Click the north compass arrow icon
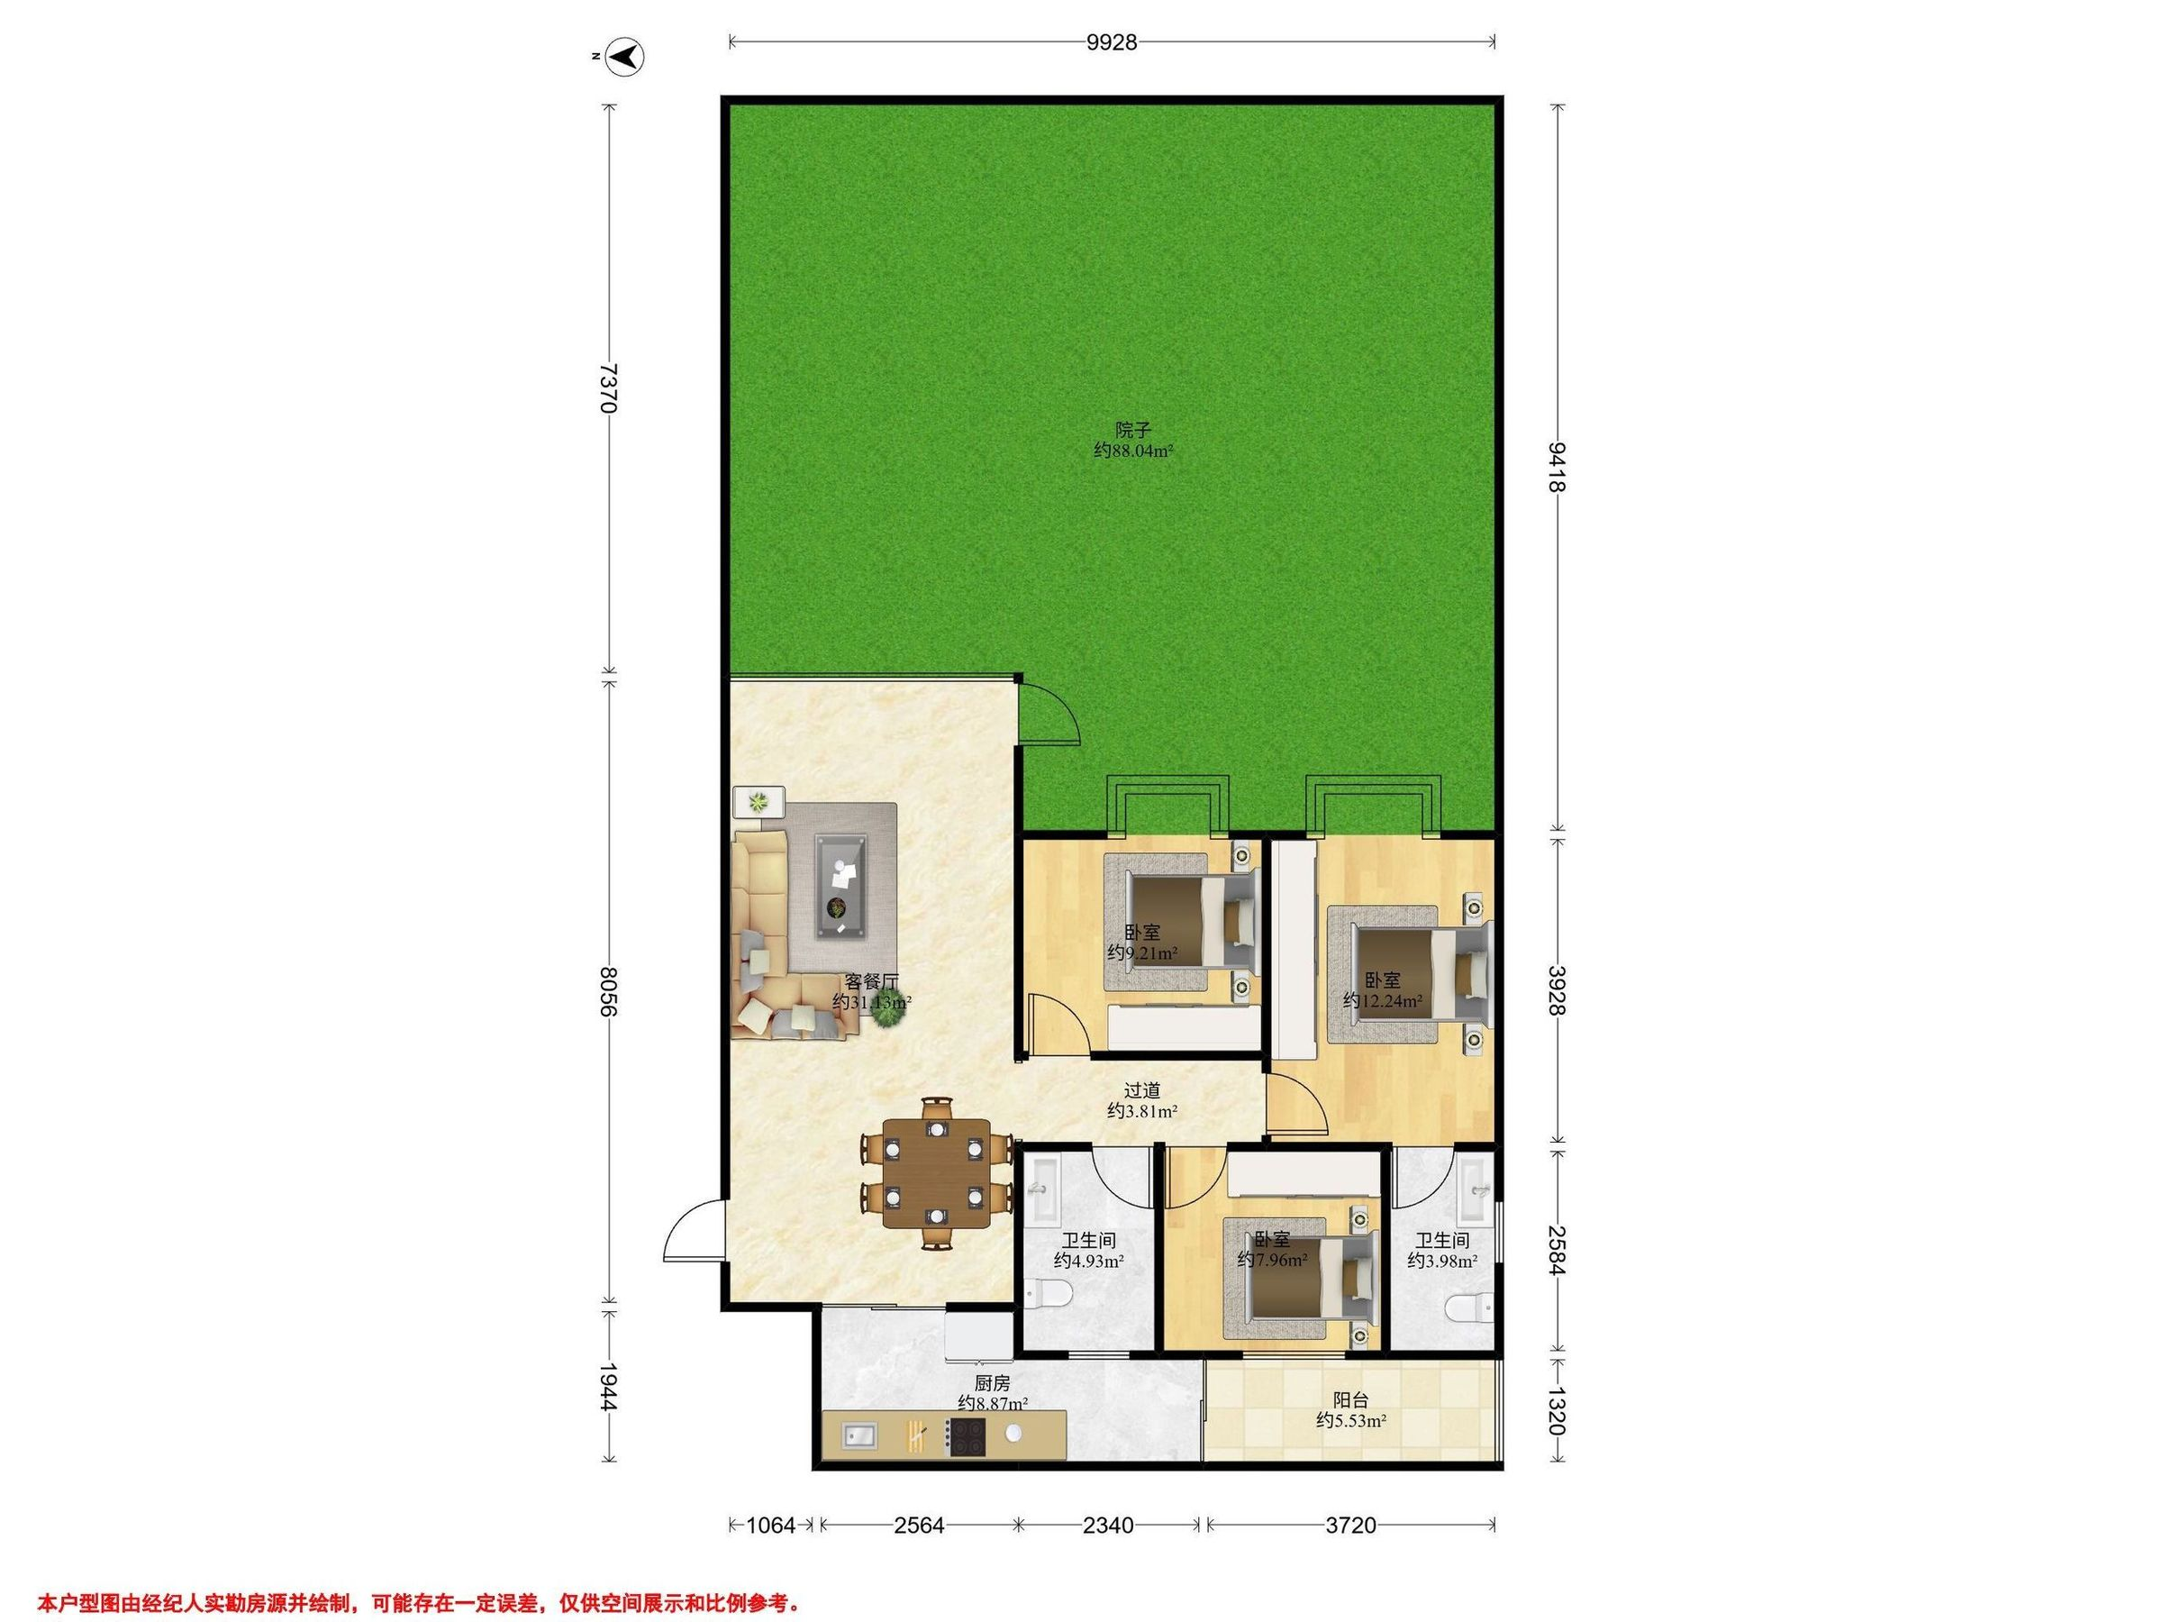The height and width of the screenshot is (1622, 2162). point(622,57)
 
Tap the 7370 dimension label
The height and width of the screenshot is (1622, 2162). point(608,388)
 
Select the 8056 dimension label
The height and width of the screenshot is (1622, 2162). point(608,992)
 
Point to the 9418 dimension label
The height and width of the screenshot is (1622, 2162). point(1559,468)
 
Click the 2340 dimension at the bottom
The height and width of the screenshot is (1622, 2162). point(1108,1526)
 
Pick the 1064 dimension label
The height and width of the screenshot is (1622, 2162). point(772,1526)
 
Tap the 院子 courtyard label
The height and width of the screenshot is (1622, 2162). point(1134,429)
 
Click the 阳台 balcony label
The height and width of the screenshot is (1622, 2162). point(1350,1400)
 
